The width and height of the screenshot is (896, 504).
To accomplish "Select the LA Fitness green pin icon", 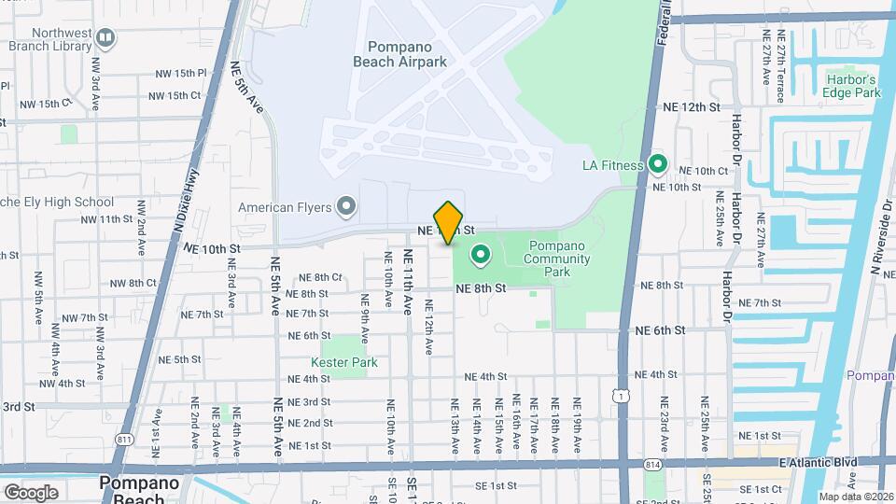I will click(x=658, y=165).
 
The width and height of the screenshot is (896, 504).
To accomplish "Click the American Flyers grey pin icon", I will click(x=346, y=206).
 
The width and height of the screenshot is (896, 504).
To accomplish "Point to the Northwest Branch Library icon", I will click(x=105, y=38).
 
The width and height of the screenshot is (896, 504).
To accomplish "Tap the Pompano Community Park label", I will click(x=556, y=259).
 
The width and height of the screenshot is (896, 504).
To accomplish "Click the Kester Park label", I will click(x=337, y=362).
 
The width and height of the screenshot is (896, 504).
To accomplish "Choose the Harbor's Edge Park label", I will click(x=852, y=86).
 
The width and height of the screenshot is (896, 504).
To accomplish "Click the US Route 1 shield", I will click(x=621, y=396).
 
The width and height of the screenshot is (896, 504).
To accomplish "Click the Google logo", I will click(x=31, y=492).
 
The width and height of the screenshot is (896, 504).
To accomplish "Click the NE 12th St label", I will click(x=688, y=107).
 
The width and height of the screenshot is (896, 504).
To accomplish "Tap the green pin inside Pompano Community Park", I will click(x=482, y=253).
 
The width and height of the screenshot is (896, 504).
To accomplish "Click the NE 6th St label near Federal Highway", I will click(x=660, y=330).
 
